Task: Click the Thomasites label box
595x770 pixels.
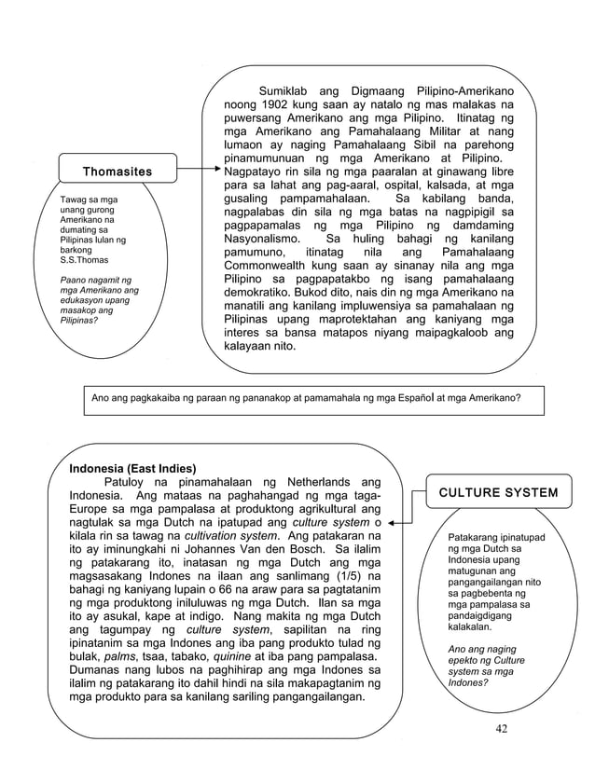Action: (118, 172)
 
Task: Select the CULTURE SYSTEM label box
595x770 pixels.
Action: (498, 492)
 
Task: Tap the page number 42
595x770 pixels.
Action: (504, 728)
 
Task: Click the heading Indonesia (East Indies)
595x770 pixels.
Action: (132, 468)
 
